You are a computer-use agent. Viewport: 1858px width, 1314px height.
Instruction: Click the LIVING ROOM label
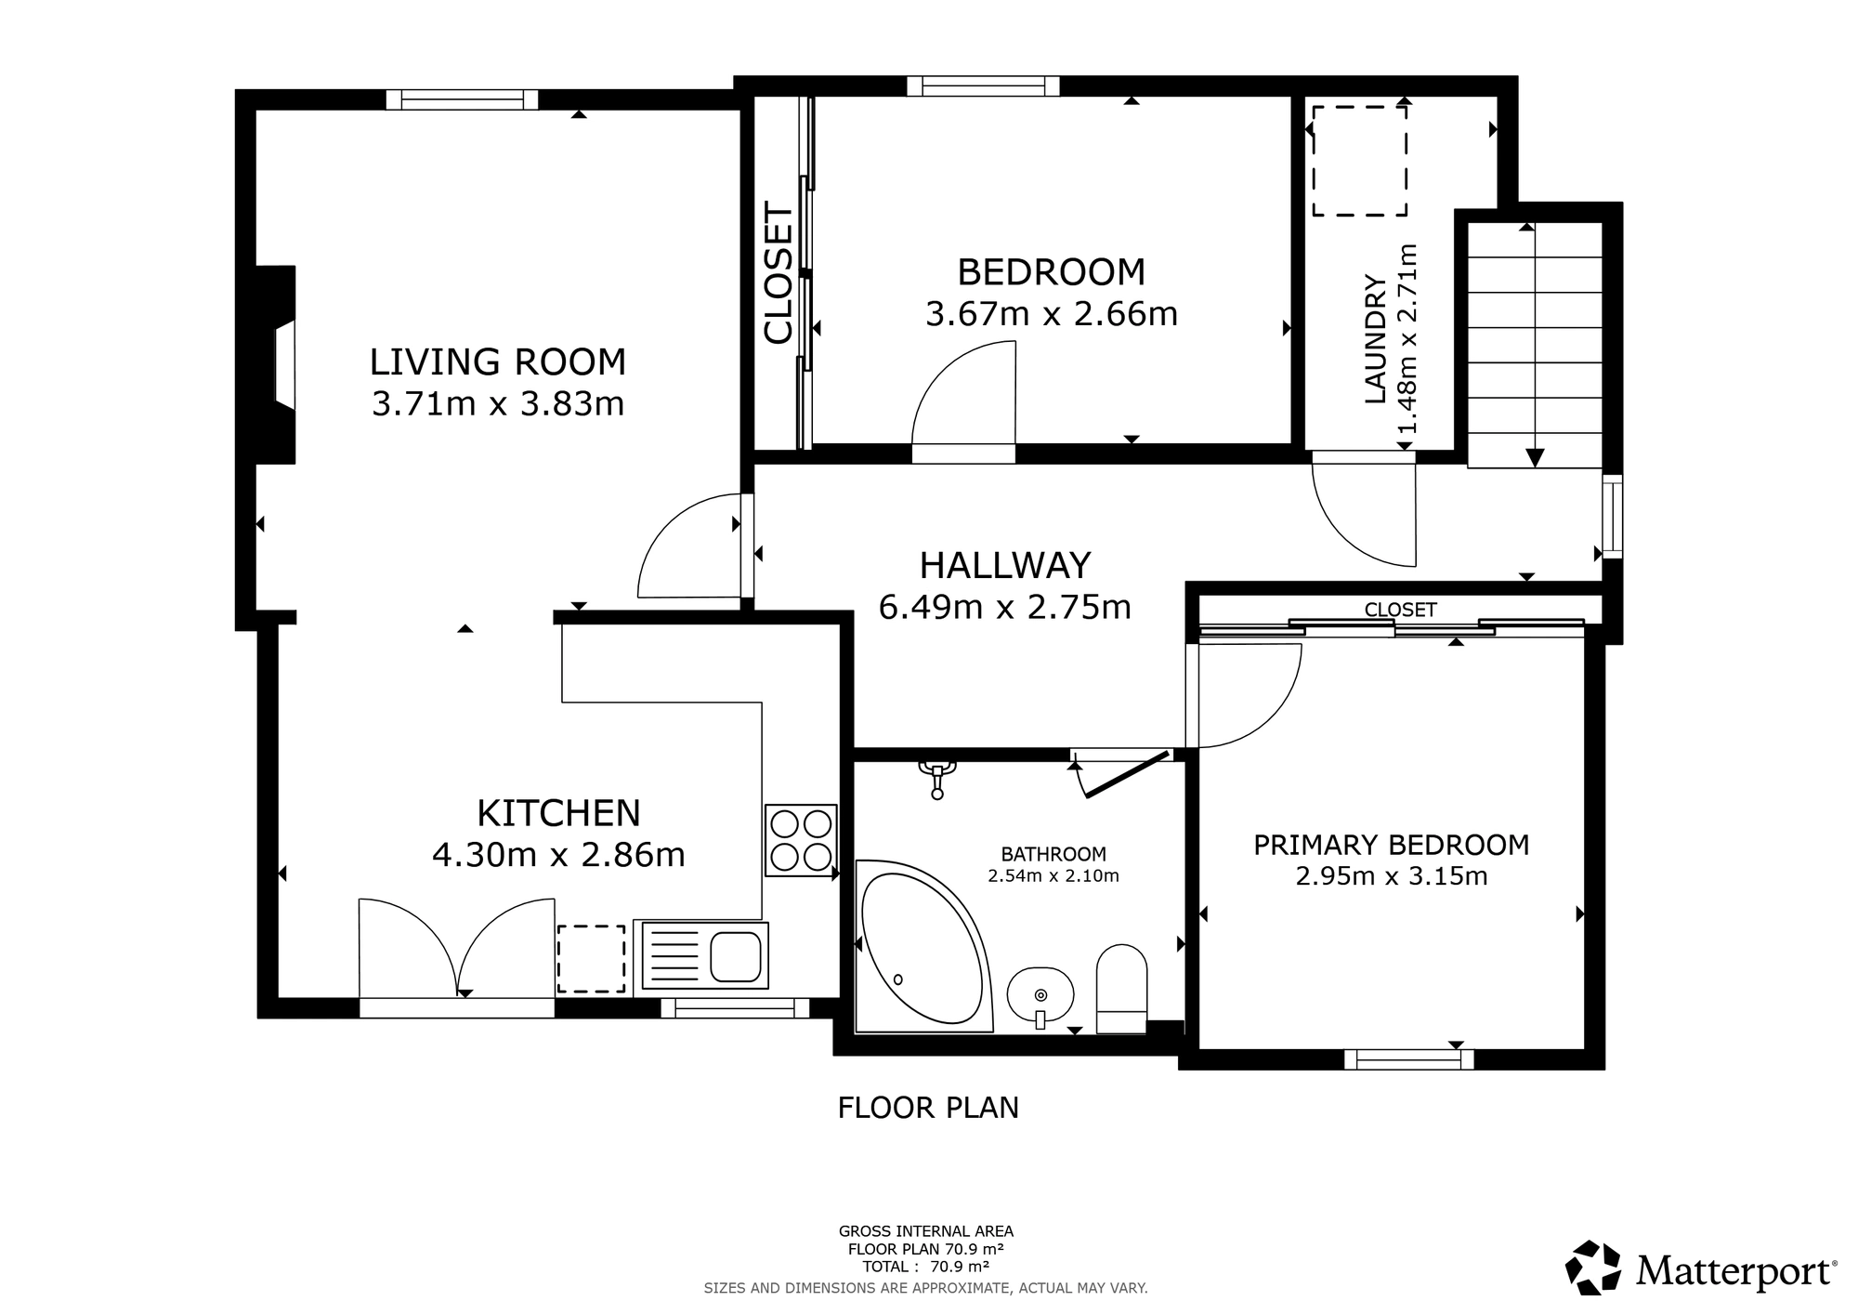tap(498, 361)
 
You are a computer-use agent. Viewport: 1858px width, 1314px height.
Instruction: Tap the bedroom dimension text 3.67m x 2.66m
tap(1052, 314)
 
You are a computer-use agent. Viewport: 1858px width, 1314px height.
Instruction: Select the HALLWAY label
tap(1005, 565)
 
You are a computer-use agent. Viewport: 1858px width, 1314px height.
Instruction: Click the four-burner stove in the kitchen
tap(801, 840)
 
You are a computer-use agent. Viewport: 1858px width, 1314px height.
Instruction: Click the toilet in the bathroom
tap(1121, 989)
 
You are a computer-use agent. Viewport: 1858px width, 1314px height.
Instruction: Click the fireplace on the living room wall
tap(277, 364)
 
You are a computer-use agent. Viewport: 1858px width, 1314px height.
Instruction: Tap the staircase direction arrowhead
tap(1535, 457)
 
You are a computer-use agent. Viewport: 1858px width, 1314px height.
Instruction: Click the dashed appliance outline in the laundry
tap(1359, 161)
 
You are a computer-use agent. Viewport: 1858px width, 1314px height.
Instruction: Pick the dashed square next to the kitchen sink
tap(591, 958)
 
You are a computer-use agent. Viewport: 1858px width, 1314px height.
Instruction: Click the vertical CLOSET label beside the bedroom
tap(779, 273)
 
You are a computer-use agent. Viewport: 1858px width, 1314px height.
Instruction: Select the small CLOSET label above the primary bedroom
tap(1400, 610)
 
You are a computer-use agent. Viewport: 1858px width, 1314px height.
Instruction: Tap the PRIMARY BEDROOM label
tap(1391, 845)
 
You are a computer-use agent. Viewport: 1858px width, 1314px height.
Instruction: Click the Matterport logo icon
tap(1594, 1268)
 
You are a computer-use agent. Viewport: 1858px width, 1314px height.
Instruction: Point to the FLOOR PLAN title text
tap(928, 1108)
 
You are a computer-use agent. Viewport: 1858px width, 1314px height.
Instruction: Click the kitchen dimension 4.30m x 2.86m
tap(558, 854)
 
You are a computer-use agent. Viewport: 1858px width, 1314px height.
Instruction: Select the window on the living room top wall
tap(462, 99)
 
